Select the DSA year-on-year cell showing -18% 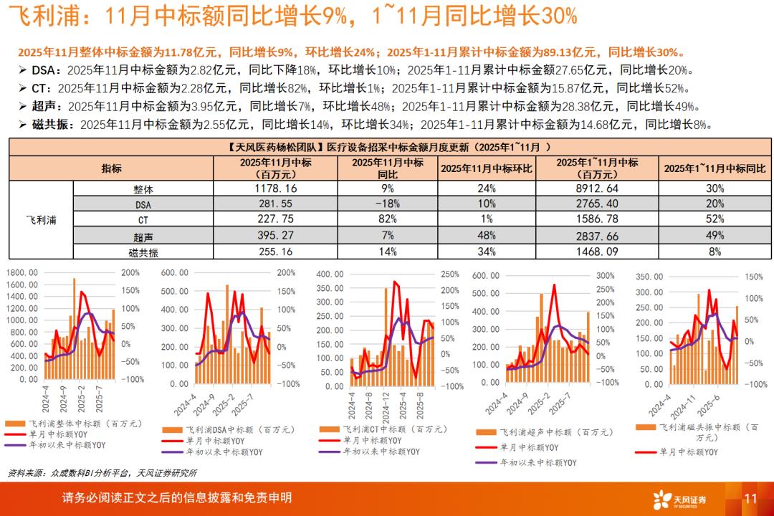[388, 204]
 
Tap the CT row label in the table [143, 219]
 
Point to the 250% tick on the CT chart [449, 274]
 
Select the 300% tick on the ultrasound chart [606, 275]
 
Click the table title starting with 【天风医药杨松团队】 [387, 147]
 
